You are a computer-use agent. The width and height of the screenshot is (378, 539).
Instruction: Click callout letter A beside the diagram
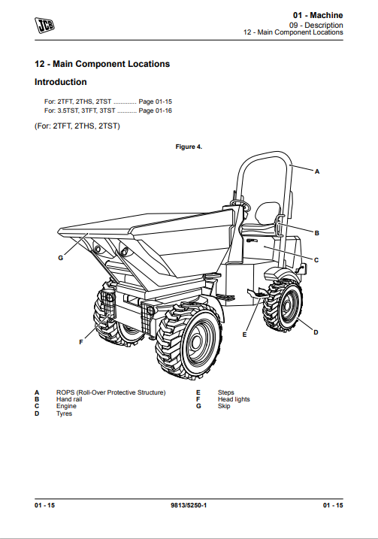[316, 172]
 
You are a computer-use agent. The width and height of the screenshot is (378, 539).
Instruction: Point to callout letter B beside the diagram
[316, 233]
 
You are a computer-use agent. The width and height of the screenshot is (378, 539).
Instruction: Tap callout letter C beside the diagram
[316, 260]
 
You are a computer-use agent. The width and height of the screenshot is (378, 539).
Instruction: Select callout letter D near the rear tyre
[316, 332]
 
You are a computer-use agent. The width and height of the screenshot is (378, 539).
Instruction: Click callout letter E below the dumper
[245, 333]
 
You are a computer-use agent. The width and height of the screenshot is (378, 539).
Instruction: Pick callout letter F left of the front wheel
[80, 343]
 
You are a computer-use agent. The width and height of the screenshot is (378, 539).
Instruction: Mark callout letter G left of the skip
[60, 258]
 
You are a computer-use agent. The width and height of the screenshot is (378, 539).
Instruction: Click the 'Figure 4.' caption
[189, 147]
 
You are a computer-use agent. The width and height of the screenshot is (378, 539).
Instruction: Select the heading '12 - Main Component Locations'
[102, 64]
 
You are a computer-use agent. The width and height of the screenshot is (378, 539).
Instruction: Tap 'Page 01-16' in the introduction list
[154, 111]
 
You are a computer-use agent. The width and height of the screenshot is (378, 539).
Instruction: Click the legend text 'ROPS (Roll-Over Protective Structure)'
[110, 392]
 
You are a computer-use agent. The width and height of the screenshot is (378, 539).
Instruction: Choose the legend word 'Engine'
[66, 406]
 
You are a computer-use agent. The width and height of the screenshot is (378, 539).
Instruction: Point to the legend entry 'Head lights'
[234, 399]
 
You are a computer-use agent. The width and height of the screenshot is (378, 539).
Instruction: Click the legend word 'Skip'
[224, 406]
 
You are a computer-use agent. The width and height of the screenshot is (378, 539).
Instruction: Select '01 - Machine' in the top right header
[318, 15]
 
